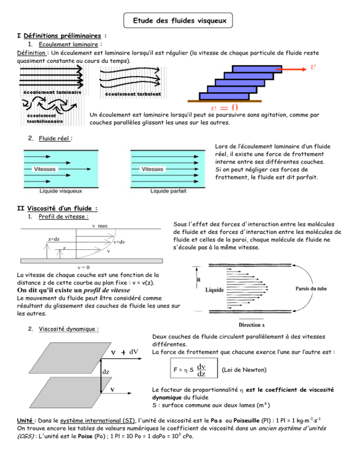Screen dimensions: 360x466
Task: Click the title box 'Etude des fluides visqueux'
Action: click(178, 21)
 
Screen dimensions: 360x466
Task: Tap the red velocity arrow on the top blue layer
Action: click(291, 69)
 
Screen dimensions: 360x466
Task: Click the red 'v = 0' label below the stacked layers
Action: click(225, 107)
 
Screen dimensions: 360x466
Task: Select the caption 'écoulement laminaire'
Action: click(52, 92)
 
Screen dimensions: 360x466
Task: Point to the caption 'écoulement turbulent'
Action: click(133, 94)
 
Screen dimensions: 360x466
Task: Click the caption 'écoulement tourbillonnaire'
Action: click(45, 119)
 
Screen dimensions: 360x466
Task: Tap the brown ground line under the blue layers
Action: click(225, 101)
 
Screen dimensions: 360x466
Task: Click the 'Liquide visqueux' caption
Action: click(60, 191)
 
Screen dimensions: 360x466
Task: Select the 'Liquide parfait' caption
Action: click(168, 191)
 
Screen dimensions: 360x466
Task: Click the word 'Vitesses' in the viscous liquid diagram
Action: click(45, 169)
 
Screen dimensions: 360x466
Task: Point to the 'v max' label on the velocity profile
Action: click(100, 226)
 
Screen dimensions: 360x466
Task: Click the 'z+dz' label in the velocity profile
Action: click(54, 239)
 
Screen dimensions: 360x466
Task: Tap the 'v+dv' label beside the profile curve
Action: click(120, 242)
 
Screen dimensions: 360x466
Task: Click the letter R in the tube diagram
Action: click(199, 280)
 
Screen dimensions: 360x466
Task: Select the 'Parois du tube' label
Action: click(311, 289)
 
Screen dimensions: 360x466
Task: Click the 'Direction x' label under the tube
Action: click(252, 325)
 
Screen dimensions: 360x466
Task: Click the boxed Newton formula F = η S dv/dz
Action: click(194, 368)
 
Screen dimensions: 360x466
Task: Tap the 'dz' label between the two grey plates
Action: click(106, 372)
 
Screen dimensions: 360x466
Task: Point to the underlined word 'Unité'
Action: click(25, 421)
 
